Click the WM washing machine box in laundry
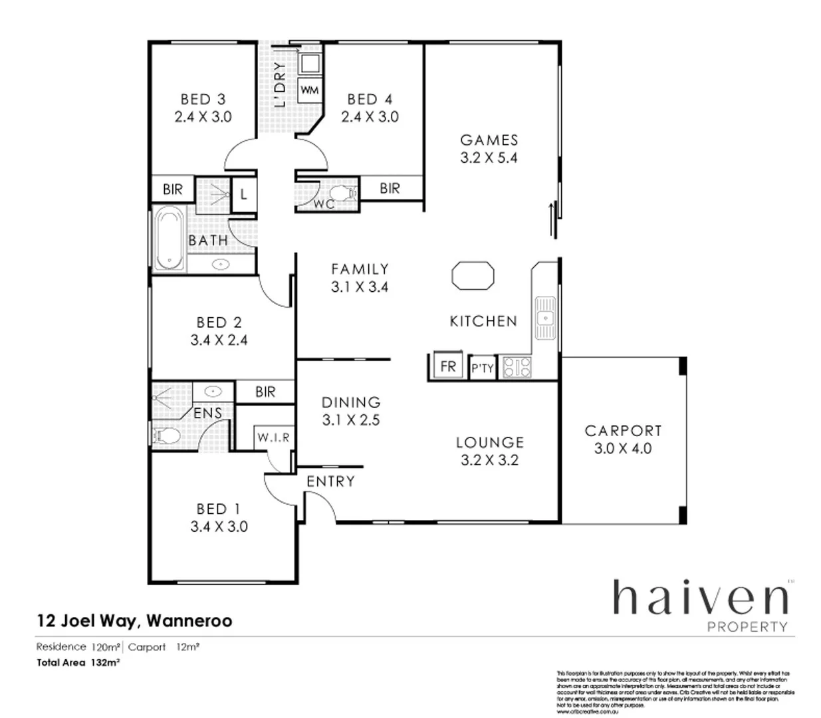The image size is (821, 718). click(x=309, y=90)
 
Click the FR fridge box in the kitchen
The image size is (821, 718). click(x=448, y=366)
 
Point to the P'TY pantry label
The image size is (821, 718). click(x=483, y=368)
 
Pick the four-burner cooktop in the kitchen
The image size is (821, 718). click(x=517, y=367)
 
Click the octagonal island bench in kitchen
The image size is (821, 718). click(x=473, y=276)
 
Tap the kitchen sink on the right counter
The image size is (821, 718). click(x=545, y=318)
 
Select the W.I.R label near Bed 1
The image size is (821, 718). click(x=273, y=437)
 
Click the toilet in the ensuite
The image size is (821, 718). click(x=167, y=436)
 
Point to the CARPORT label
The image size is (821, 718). click(x=623, y=431)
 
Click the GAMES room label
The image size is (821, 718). click(x=489, y=140)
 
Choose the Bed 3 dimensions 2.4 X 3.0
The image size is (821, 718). click(x=203, y=117)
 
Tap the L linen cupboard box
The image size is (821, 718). click(x=244, y=194)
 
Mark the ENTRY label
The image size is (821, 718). click(x=330, y=481)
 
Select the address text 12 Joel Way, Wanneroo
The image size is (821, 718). click(x=134, y=621)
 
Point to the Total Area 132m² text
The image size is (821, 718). click(x=78, y=663)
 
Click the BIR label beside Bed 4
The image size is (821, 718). click(x=390, y=188)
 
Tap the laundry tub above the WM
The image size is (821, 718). click(x=309, y=64)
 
